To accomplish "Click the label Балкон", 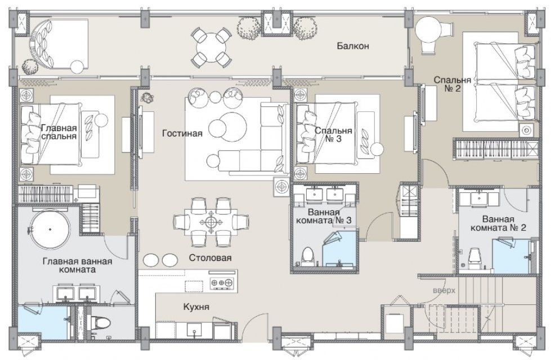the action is point(353,46).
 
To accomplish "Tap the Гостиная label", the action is point(182,133).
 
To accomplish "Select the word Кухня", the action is point(196,307).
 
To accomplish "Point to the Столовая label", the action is point(210,258).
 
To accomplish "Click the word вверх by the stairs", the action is point(444,291).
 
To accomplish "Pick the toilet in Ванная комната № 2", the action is point(474,256).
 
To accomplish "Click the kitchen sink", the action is point(193,331).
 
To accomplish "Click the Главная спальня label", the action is point(59,132).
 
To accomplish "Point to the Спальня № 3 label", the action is point(333,135).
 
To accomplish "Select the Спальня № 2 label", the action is point(453,84).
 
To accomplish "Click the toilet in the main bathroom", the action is point(100,322).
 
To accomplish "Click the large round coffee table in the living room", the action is point(232,126).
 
